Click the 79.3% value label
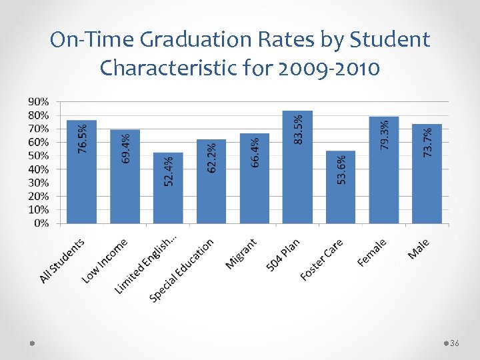tap(385, 135)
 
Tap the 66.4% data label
tap(255, 153)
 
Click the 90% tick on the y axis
tap(38, 101)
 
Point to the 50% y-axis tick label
tap(38, 155)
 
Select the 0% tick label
tap(41, 223)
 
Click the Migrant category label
tap(241, 255)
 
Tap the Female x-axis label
tap(371, 253)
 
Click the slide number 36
tap(455, 343)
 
